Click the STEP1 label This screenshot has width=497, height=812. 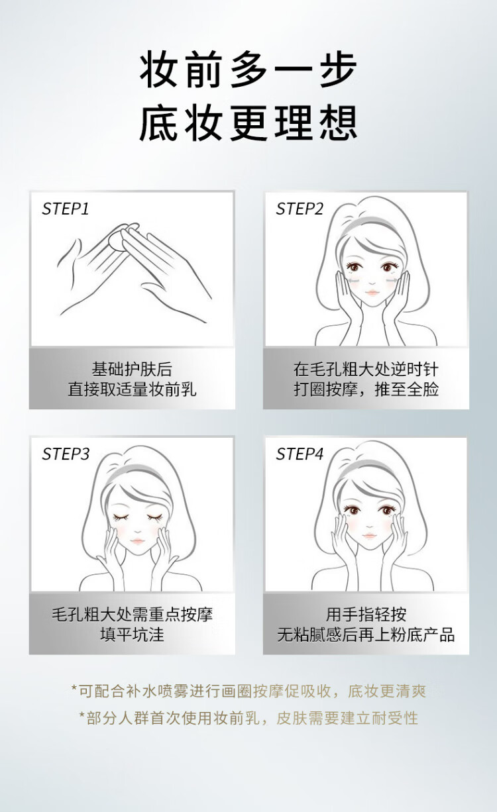point(66,209)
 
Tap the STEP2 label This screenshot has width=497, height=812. point(300,209)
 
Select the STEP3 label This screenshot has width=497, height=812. point(66,454)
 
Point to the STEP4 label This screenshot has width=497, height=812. point(300,454)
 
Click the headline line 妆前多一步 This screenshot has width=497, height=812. point(248,69)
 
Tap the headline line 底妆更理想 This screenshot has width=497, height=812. point(248,123)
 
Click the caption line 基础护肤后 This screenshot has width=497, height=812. point(132,370)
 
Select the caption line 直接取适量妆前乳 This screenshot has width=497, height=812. point(132,389)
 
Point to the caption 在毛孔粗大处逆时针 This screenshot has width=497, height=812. point(366,370)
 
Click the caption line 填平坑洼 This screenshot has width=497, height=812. point(132,634)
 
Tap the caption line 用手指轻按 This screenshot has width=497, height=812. point(366,615)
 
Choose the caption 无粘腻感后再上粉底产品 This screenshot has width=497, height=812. point(366,634)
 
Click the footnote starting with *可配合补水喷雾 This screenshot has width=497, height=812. point(248,691)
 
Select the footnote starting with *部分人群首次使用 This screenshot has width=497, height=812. point(248,718)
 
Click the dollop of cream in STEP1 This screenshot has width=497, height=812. point(121,237)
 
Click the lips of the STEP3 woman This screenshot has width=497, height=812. point(137,541)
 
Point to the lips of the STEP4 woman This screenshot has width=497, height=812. point(369,535)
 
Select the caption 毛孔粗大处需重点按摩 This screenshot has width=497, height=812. point(132,615)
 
